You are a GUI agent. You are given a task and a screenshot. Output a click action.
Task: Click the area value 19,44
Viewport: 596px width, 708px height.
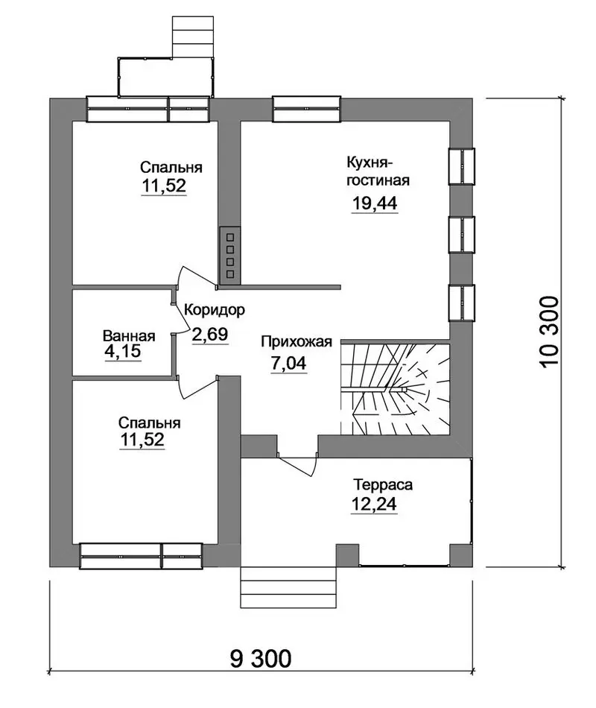[x=374, y=203]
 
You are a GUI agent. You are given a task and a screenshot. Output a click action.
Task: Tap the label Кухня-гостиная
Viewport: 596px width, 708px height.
[x=378, y=171]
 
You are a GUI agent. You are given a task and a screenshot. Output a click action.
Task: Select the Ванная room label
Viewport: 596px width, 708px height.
[x=129, y=336]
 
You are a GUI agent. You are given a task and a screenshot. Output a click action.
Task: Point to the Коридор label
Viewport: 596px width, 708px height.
[x=215, y=310]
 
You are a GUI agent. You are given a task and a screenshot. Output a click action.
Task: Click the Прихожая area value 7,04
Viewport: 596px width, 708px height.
[x=288, y=363]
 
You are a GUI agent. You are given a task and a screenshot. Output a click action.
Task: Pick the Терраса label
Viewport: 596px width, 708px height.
[x=383, y=485]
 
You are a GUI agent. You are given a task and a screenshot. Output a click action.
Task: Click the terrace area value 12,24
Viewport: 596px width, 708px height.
[x=374, y=504]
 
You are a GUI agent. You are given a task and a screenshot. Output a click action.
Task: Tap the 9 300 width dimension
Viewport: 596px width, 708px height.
[x=261, y=659]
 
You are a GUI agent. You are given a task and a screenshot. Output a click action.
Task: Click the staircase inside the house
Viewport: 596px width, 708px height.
[x=396, y=388]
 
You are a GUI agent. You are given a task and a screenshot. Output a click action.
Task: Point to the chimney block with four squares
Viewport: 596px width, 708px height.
[x=229, y=256]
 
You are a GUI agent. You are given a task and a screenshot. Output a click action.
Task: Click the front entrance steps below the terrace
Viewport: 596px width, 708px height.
[x=288, y=587]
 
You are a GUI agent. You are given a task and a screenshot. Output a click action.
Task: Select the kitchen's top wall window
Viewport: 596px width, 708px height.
[x=306, y=109]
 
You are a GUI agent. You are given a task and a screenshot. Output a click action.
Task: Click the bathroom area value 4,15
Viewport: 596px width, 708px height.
[x=122, y=351]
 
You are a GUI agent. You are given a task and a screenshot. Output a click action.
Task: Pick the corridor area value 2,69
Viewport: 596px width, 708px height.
[x=210, y=335]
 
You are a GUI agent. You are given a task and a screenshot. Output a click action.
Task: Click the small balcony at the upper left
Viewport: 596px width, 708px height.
[x=165, y=77]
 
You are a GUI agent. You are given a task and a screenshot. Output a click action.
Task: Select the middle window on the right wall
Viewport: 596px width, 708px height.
[x=462, y=234]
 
